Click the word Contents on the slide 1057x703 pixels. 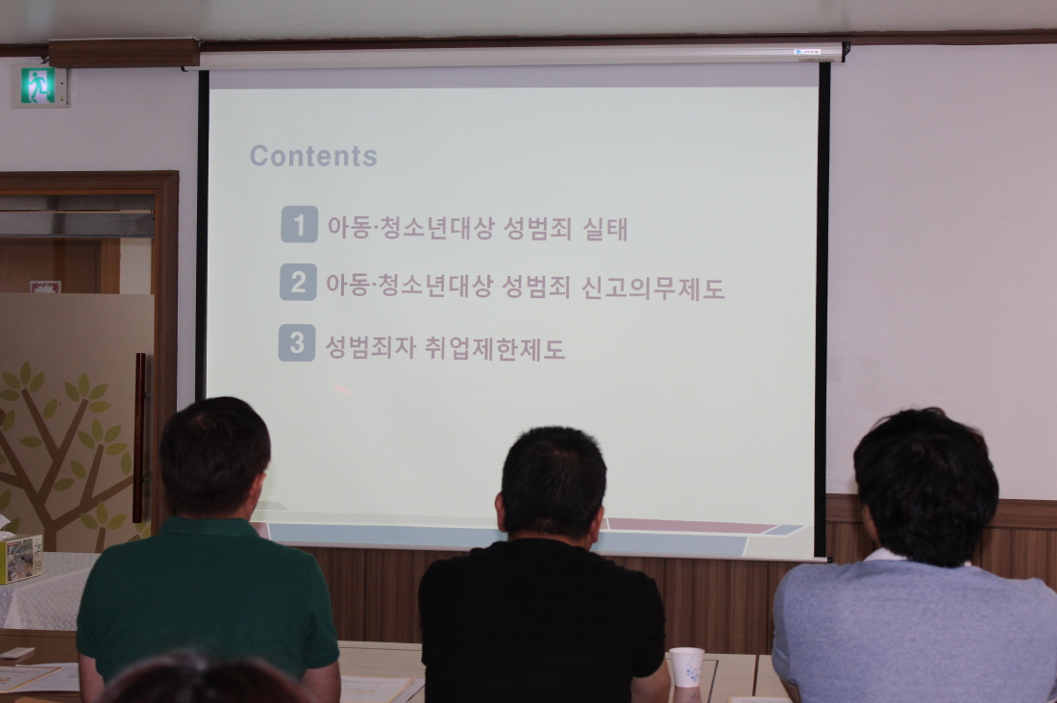click(x=313, y=156)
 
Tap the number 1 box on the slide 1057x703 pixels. click(x=299, y=224)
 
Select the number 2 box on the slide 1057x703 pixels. click(x=298, y=282)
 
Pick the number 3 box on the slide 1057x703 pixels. click(x=297, y=342)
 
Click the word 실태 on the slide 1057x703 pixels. click(x=604, y=229)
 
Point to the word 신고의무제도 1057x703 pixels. click(x=652, y=288)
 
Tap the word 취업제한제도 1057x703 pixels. click(x=495, y=349)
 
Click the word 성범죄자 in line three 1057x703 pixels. click(x=369, y=348)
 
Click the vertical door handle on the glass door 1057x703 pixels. click(x=140, y=438)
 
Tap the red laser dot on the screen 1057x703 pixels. click(x=342, y=389)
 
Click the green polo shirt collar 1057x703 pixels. click(x=206, y=523)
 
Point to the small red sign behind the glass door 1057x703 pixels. click(x=45, y=287)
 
